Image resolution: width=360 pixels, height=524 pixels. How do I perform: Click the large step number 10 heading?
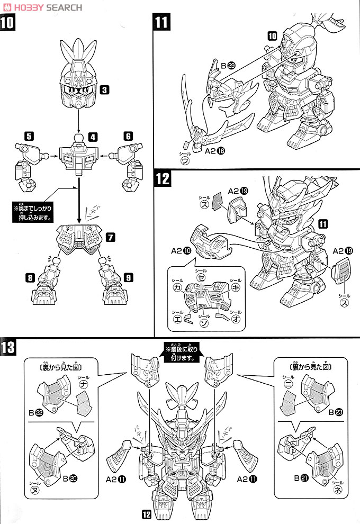click(x=9, y=24)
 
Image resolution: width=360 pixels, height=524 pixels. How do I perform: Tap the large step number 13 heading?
click(x=11, y=349)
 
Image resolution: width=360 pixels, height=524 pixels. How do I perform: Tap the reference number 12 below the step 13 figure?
click(x=147, y=513)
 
